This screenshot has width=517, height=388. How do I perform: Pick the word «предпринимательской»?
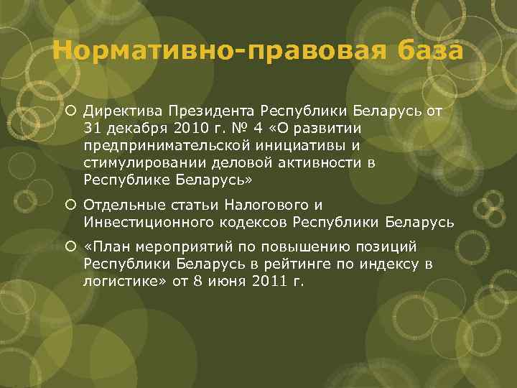point(159,146)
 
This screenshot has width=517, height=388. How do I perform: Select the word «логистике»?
point(118,282)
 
